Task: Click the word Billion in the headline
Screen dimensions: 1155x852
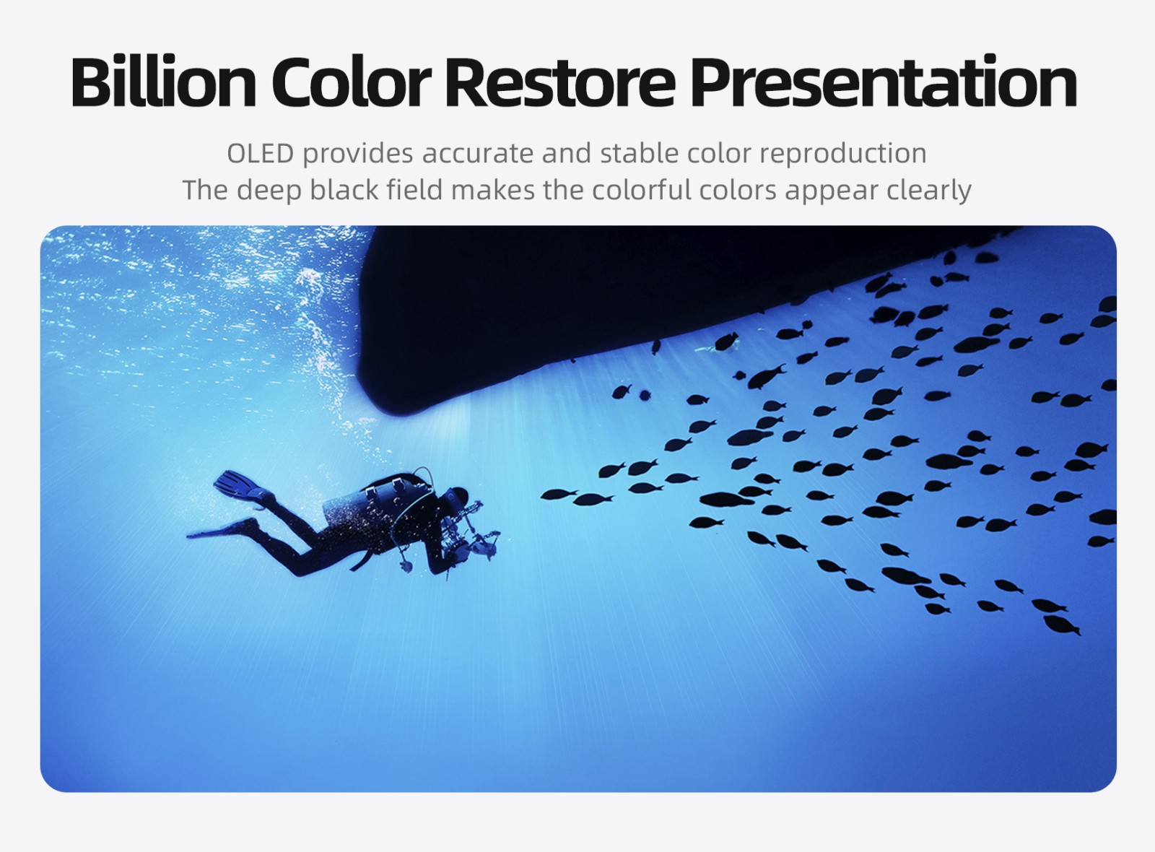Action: click(x=163, y=82)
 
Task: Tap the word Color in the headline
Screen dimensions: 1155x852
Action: click(x=352, y=82)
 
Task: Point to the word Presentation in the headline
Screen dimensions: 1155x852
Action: click(x=884, y=82)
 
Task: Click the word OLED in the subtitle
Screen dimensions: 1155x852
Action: click(x=261, y=153)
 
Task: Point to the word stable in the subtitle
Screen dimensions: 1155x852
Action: click(x=640, y=153)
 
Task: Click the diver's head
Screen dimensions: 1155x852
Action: click(x=457, y=497)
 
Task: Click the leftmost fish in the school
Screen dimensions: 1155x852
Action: click(x=559, y=494)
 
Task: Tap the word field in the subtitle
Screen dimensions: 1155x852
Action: click(x=414, y=190)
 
